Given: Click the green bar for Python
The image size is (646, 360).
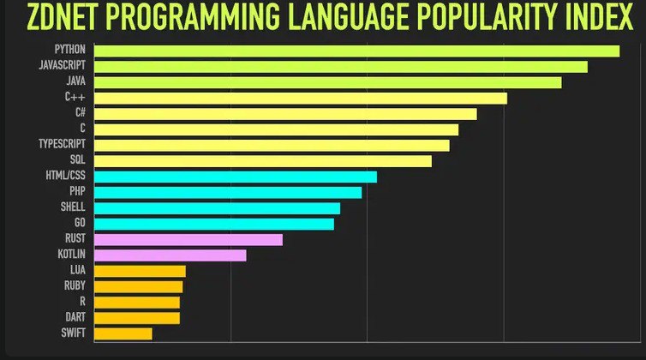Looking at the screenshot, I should [356, 51].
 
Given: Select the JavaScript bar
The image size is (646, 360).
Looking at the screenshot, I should [340, 66].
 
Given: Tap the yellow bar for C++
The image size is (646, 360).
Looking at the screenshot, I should [300, 98].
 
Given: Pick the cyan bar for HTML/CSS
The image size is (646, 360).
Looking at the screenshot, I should [235, 176].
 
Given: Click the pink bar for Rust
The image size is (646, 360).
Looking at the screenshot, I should [188, 239].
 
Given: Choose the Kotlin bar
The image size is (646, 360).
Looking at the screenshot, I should [170, 255].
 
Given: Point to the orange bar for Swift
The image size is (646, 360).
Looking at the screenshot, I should [123, 333].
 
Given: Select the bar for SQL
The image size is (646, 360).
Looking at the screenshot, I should [262, 160].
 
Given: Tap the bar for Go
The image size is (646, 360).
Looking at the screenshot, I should [213, 224].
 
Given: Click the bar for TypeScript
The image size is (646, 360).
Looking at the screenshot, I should [271, 145].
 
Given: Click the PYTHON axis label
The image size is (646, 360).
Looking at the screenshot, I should [69, 51].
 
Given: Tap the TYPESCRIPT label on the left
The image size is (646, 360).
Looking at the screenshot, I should [62, 145].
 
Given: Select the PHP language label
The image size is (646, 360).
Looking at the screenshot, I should [77, 192].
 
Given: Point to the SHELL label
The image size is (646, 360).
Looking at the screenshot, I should [73, 207].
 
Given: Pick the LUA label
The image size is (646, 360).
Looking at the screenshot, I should [77, 270].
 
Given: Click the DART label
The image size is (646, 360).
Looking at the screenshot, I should [75, 317].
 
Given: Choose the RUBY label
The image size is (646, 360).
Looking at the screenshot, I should [75, 285].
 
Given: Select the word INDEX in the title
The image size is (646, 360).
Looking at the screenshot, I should [594, 17].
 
